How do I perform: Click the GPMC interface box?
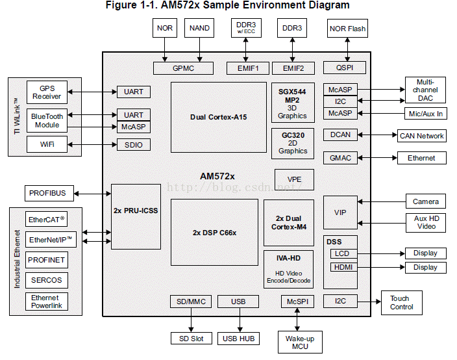[x=183, y=68]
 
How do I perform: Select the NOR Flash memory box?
[x=347, y=28]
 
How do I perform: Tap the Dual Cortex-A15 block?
[x=219, y=117]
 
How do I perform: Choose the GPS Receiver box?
[x=47, y=92]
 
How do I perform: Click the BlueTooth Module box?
[x=47, y=120]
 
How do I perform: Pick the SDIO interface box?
[x=133, y=144]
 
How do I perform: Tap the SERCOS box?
[x=47, y=280]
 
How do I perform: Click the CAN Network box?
[x=421, y=135]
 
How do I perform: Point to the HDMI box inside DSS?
[x=342, y=267]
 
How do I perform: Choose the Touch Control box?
[x=401, y=302]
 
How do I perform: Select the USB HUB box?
[x=240, y=339]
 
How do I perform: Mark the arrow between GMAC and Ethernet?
[x=377, y=158]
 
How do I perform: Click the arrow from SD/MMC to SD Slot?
[x=191, y=320]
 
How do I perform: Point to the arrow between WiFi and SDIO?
[x=92, y=144]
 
